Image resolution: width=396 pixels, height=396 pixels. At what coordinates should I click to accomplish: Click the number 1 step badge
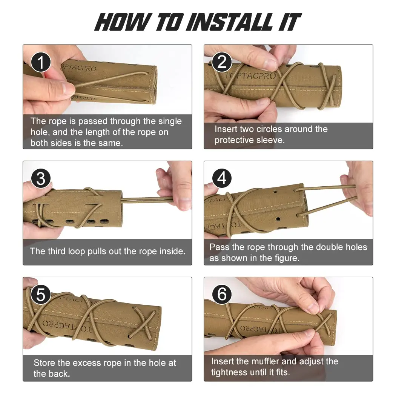(41, 62)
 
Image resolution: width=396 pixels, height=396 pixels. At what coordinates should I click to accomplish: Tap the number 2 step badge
(222, 62)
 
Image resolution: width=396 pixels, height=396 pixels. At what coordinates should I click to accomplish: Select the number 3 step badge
(41, 178)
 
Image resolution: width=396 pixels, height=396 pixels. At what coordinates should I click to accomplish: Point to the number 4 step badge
(222, 178)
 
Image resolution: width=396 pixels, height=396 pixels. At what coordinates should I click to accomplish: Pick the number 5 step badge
(41, 295)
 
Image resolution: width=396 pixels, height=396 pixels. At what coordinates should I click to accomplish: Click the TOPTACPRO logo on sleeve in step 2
(250, 75)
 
